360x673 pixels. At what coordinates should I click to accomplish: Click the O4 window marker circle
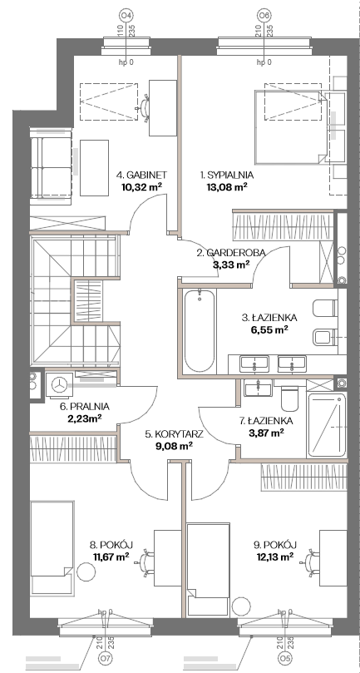click(x=126, y=16)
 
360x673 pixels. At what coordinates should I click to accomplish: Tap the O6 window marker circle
click(x=264, y=16)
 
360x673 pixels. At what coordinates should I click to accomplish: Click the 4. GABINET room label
click(x=141, y=176)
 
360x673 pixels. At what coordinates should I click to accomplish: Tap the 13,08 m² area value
click(x=228, y=186)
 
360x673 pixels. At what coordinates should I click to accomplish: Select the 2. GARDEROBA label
click(x=231, y=253)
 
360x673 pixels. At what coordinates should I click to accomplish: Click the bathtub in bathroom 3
click(x=199, y=331)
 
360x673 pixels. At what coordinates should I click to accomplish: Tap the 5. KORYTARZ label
click(x=174, y=434)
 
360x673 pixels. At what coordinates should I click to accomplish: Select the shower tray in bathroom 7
click(x=326, y=424)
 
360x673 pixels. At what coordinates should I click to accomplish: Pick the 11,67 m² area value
click(x=111, y=557)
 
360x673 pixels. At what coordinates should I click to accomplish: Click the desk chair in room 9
click(x=311, y=560)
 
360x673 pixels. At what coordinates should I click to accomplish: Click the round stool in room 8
click(x=86, y=572)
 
